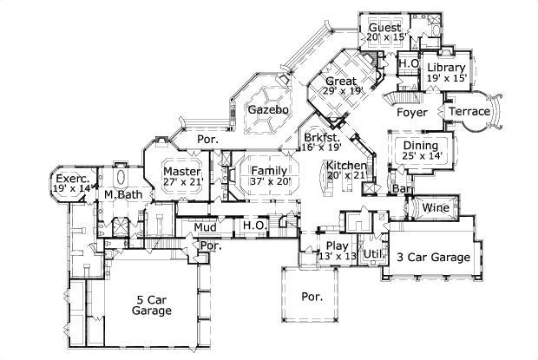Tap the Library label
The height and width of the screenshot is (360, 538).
point(446,68)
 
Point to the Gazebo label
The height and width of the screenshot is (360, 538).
point(263,110)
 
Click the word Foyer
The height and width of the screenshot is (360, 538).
point(411,113)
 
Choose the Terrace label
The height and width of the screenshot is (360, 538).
point(469,112)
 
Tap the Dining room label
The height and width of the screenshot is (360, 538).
point(420,144)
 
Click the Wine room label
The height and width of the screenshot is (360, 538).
point(435,207)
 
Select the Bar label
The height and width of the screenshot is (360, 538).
point(401,188)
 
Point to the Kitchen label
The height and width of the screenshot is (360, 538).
point(346,165)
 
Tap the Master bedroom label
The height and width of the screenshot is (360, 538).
point(181,172)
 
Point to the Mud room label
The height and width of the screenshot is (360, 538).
point(205,227)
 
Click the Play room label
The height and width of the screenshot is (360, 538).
point(336,245)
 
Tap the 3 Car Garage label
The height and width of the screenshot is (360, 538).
point(433,257)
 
